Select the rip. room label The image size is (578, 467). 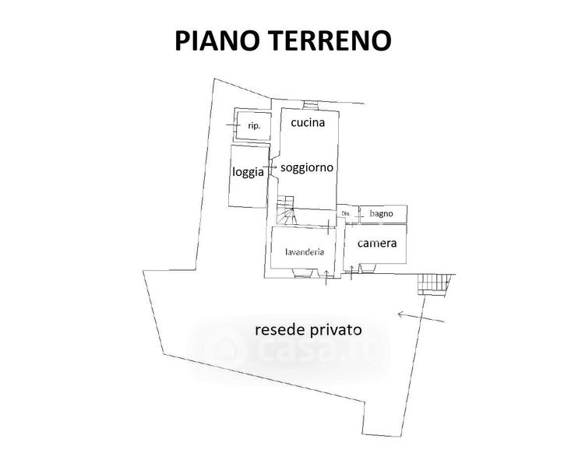(253, 125)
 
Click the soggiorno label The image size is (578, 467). (307, 167)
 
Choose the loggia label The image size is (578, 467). (248, 173)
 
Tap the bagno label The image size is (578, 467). (382, 213)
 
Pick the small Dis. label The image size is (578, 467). (345, 213)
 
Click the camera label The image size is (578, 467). (377, 244)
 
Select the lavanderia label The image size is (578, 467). (305, 251)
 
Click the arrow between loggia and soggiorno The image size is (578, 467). (270, 167)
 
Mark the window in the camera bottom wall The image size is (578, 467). (368, 269)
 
